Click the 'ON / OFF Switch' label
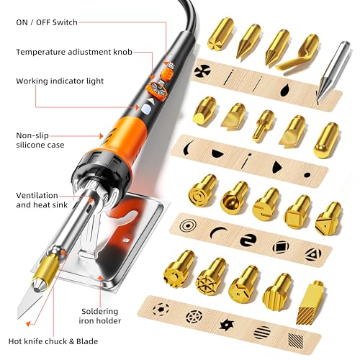pyautogui.click(x=50, y=22)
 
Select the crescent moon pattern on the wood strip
pyautogui.click(x=217, y=232)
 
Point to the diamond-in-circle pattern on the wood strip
pyautogui.click(x=279, y=247)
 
